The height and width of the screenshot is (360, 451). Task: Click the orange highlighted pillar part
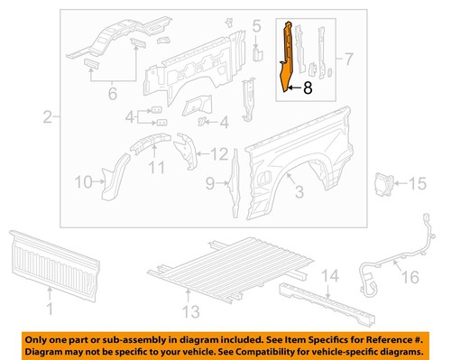[x=288, y=54]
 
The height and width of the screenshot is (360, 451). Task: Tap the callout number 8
[x=308, y=88]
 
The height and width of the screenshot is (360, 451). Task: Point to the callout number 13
[x=189, y=312]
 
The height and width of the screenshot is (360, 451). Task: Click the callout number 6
[x=112, y=92]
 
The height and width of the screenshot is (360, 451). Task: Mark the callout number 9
[x=209, y=185]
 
